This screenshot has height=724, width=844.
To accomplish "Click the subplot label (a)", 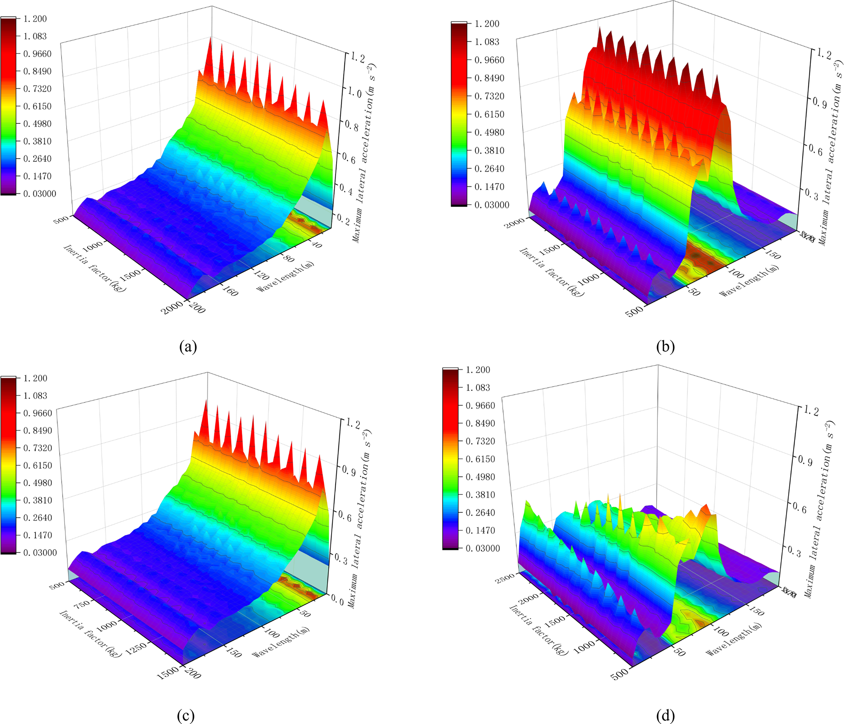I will click(188, 347).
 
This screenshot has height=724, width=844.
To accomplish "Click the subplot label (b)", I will click(665, 347).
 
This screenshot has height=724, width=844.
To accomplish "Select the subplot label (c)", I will click(186, 715).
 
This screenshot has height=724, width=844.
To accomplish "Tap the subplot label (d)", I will click(665, 715).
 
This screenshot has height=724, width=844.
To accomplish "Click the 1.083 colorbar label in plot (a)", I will click(35, 36).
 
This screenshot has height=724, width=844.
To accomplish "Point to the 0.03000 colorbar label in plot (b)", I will click(492, 205).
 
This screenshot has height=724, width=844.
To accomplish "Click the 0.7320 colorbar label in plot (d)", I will click(480, 441).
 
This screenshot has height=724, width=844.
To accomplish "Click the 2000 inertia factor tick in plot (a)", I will click(171, 307).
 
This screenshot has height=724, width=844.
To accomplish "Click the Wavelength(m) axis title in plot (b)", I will click(748, 281).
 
